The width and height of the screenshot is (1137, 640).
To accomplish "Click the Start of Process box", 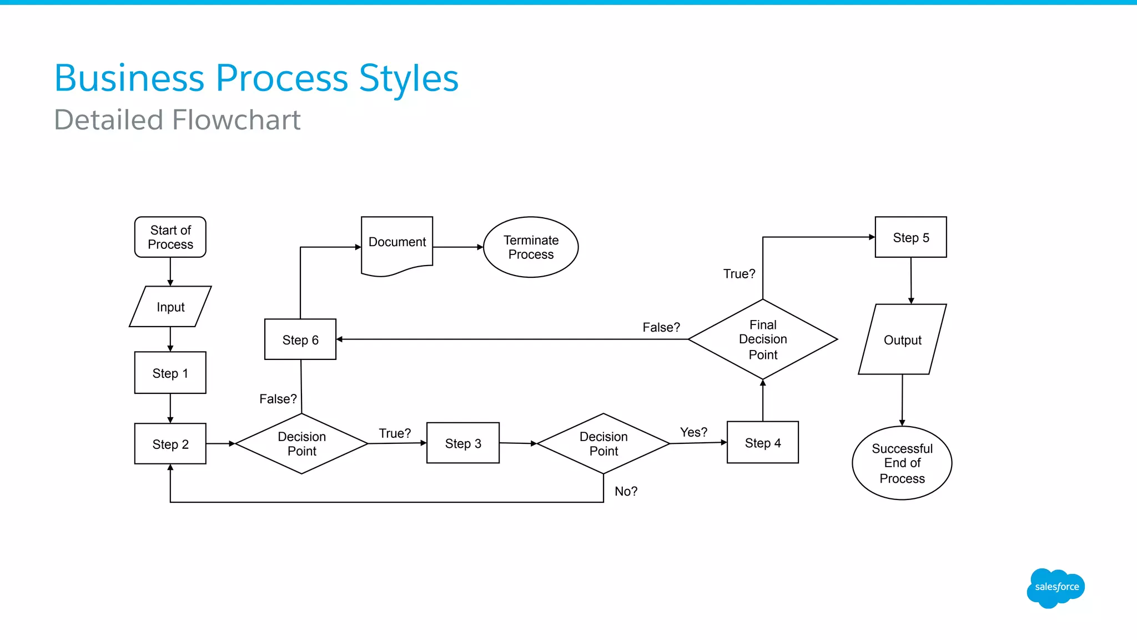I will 170,237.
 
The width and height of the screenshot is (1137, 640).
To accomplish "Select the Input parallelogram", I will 170,307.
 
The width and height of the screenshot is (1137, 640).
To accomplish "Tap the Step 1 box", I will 170,373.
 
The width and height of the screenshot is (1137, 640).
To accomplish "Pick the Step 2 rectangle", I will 170,444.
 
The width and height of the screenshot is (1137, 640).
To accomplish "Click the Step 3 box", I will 462,443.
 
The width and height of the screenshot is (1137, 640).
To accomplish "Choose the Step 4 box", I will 762,443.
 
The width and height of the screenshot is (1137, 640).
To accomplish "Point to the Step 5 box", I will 910,237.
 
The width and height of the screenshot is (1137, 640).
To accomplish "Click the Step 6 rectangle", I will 300,339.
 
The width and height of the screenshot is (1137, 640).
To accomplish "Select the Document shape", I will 397,243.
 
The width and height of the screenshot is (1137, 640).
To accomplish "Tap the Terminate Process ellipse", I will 531,247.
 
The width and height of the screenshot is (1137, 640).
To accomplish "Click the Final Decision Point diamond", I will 762,339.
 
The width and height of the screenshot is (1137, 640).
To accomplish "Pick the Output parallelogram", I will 902,339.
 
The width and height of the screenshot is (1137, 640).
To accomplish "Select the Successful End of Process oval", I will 902,463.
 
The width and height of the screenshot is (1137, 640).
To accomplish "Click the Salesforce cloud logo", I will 1055,587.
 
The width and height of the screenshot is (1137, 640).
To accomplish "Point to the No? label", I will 626,491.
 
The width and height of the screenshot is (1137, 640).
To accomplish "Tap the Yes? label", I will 693,432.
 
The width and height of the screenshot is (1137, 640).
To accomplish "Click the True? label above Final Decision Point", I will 739,274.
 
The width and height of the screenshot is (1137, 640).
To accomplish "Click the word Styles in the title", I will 409,78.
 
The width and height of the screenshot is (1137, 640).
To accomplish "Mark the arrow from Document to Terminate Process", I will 458,247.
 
